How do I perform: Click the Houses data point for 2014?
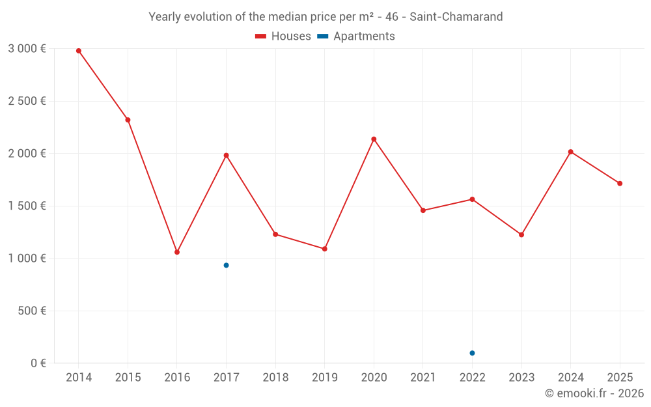click(x=79, y=51)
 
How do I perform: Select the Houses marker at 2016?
click(x=177, y=252)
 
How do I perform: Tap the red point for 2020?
click(x=374, y=139)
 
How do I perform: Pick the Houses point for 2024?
click(x=570, y=152)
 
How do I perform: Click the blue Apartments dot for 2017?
click(x=226, y=265)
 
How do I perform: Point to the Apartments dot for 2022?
click(x=472, y=353)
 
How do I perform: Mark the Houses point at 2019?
click(x=324, y=249)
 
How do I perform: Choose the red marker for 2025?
click(x=620, y=184)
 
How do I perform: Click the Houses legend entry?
click(x=283, y=36)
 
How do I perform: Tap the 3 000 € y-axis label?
click(x=27, y=49)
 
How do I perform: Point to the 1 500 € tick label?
click(x=27, y=206)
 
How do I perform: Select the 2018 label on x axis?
click(x=275, y=378)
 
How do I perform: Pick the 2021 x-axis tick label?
click(x=422, y=378)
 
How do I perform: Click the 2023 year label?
click(x=521, y=378)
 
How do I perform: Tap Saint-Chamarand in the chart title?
click(x=456, y=17)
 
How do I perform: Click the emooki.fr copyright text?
click(x=594, y=393)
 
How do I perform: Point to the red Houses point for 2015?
click(x=128, y=120)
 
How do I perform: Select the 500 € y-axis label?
click(x=31, y=311)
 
